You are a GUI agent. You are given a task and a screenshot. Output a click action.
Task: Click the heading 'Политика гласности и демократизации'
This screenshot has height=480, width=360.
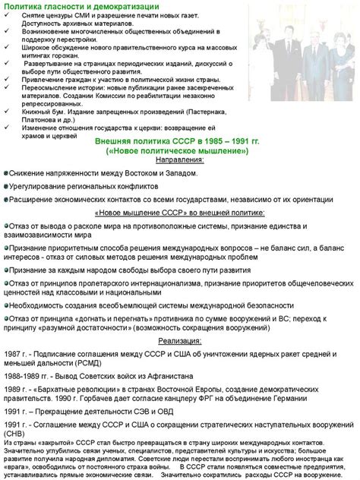coord(72,6)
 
